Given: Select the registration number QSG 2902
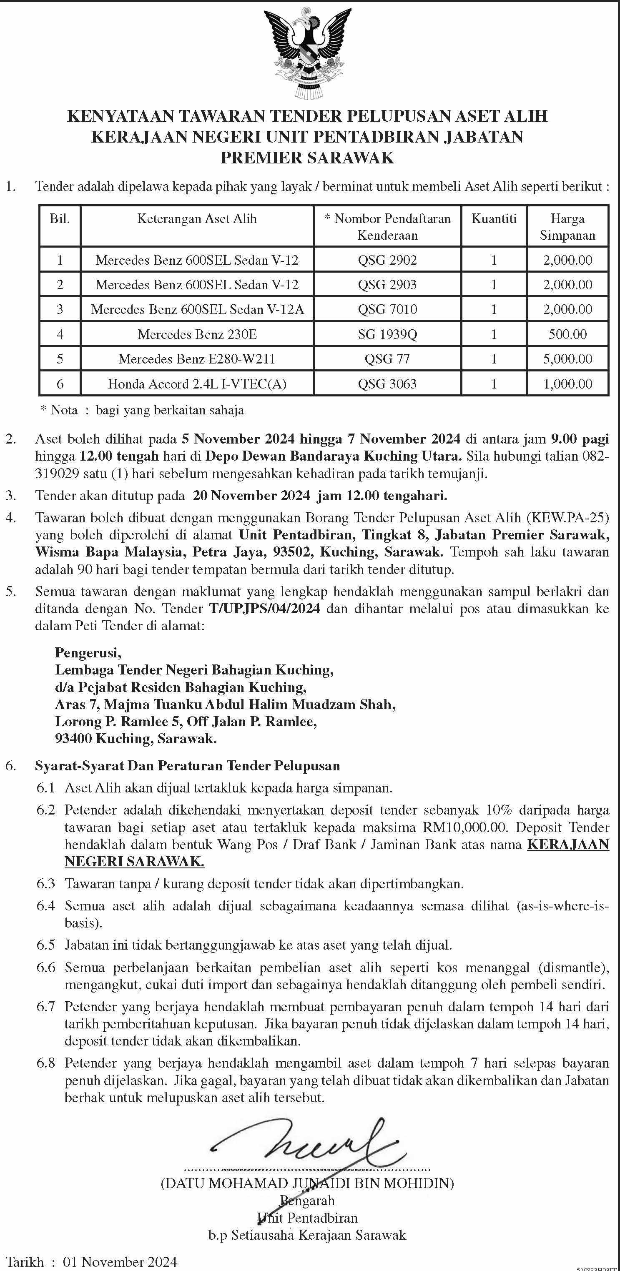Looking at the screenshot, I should click(x=387, y=260).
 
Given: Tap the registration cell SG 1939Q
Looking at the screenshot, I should click(x=387, y=334).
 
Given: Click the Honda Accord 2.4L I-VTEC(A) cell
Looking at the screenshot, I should click(x=197, y=384).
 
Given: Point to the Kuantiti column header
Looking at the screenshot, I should click(x=494, y=218).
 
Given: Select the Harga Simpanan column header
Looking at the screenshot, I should click(x=568, y=227).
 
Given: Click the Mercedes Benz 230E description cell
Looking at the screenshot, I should click(x=197, y=334).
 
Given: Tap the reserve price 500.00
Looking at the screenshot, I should click(x=568, y=334).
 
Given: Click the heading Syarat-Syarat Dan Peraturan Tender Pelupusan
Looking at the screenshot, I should click(x=188, y=766).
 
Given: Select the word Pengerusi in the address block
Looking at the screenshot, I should click(x=88, y=653).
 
